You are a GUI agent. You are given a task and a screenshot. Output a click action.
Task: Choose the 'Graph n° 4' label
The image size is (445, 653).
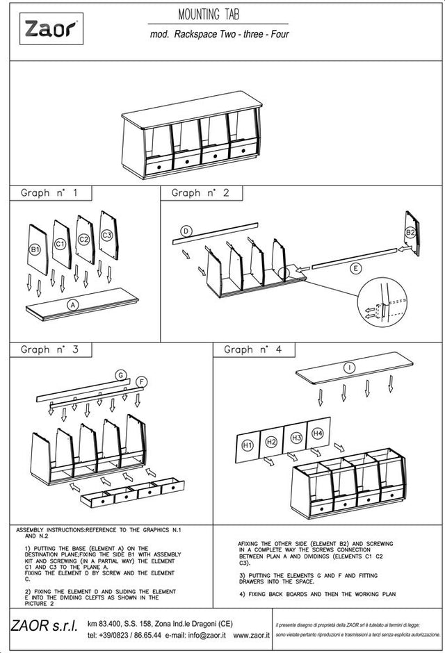click(253, 349)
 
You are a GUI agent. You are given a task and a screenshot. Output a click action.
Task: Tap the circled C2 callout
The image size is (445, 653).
click(84, 239)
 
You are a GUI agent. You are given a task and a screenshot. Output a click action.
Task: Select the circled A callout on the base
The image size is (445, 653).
click(72, 304)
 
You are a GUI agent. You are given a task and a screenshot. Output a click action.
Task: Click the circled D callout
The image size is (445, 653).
click(186, 231)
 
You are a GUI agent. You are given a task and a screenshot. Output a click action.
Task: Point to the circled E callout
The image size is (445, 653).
click(356, 267)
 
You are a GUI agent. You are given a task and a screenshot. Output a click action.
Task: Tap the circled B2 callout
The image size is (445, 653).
click(410, 232)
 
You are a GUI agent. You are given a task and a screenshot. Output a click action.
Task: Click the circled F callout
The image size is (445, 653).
click(141, 381)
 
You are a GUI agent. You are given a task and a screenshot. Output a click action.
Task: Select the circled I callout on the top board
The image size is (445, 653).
click(349, 366)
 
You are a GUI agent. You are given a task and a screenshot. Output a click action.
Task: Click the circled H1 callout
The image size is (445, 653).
click(247, 445)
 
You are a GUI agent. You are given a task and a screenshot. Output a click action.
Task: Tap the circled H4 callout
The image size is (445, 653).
click(318, 433)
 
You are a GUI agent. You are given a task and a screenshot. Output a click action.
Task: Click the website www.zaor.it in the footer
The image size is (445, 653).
click(250, 635)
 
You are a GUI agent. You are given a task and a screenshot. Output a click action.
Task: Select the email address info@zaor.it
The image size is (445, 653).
click(205, 635)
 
